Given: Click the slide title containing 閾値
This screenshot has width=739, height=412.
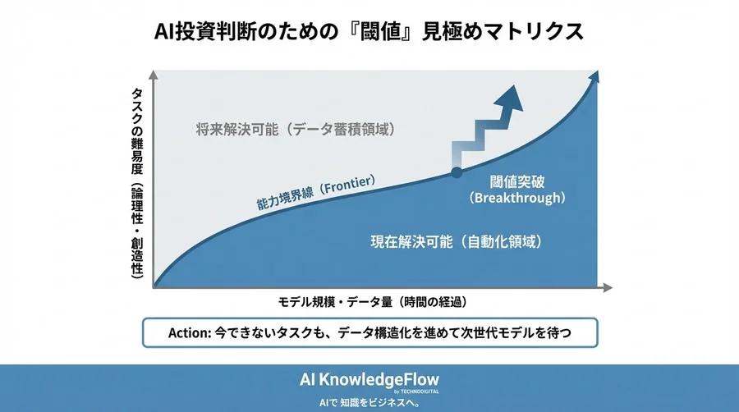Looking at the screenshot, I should pyautogui.click(x=369, y=31).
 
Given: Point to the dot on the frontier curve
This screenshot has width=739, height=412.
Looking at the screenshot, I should pyautogui.click(x=457, y=173).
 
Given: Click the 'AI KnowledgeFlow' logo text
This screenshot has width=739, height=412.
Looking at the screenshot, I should pyautogui.click(x=369, y=379).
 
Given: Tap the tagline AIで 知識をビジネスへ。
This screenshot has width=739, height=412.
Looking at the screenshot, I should pyautogui.click(x=369, y=403).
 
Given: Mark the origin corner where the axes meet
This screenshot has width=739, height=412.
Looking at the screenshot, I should pyautogui.click(x=154, y=287).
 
